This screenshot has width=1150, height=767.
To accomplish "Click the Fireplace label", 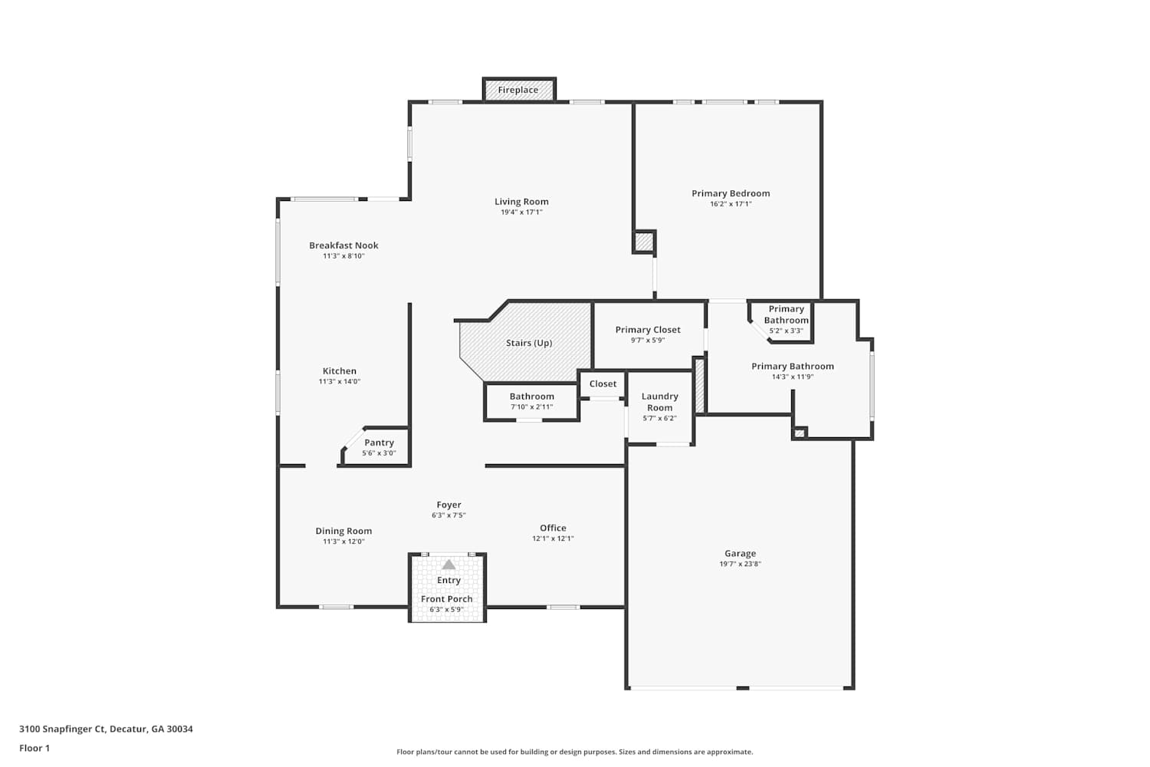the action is click(x=518, y=90).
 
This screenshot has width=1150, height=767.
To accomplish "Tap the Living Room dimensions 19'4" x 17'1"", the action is click(x=521, y=212).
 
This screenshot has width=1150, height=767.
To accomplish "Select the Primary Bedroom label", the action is click(x=731, y=194).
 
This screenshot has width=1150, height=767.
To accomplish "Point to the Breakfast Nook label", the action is click(x=343, y=245).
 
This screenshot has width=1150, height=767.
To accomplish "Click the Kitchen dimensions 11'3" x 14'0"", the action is click(x=340, y=382).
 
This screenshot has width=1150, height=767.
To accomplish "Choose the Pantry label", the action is click(x=379, y=443).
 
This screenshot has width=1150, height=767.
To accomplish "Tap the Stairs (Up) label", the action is click(x=529, y=343).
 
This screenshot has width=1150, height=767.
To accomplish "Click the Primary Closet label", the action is click(x=648, y=330).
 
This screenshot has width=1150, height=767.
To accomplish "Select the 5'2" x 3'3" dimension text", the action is click(x=786, y=331).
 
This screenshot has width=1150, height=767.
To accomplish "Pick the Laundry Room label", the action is click(x=659, y=402).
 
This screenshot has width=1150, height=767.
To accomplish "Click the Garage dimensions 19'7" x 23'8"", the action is click(x=740, y=564).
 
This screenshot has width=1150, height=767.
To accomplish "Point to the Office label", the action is click(x=553, y=528).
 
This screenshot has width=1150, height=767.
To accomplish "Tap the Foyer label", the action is click(x=449, y=505).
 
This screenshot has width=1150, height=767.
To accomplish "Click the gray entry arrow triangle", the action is click(x=449, y=565).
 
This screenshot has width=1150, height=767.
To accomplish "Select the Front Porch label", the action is click(x=447, y=599).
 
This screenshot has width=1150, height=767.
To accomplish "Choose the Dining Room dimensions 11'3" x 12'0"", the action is click(x=343, y=542).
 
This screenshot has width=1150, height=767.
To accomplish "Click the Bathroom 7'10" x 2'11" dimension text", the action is click(x=531, y=407).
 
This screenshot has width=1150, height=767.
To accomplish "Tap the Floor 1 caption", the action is click(x=34, y=748).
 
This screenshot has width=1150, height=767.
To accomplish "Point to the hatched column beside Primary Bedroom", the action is click(x=643, y=242).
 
